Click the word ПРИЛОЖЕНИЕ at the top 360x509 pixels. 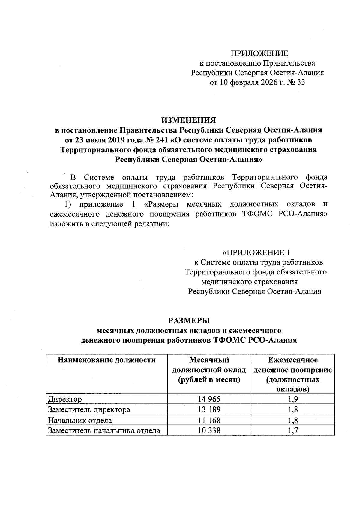click(x=259, y=54)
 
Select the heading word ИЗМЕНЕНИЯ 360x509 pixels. click(x=189, y=120)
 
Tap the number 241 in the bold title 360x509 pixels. click(x=163, y=140)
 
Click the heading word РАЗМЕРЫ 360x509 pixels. click(x=189, y=320)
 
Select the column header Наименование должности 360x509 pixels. click(x=106, y=360)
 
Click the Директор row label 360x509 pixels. click(x=65, y=399)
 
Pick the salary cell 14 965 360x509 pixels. click(x=209, y=399)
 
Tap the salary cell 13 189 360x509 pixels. click(x=209, y=410)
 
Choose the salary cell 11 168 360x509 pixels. click(x=209, y=420)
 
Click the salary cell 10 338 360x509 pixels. click(x=209, y=431)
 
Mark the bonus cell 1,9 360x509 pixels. click(x=293, y=399)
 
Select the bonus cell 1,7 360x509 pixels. click(x=293, y=431)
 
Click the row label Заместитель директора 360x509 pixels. click(x=89, y=410)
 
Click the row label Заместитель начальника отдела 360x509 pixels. click(x=104, y=431)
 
